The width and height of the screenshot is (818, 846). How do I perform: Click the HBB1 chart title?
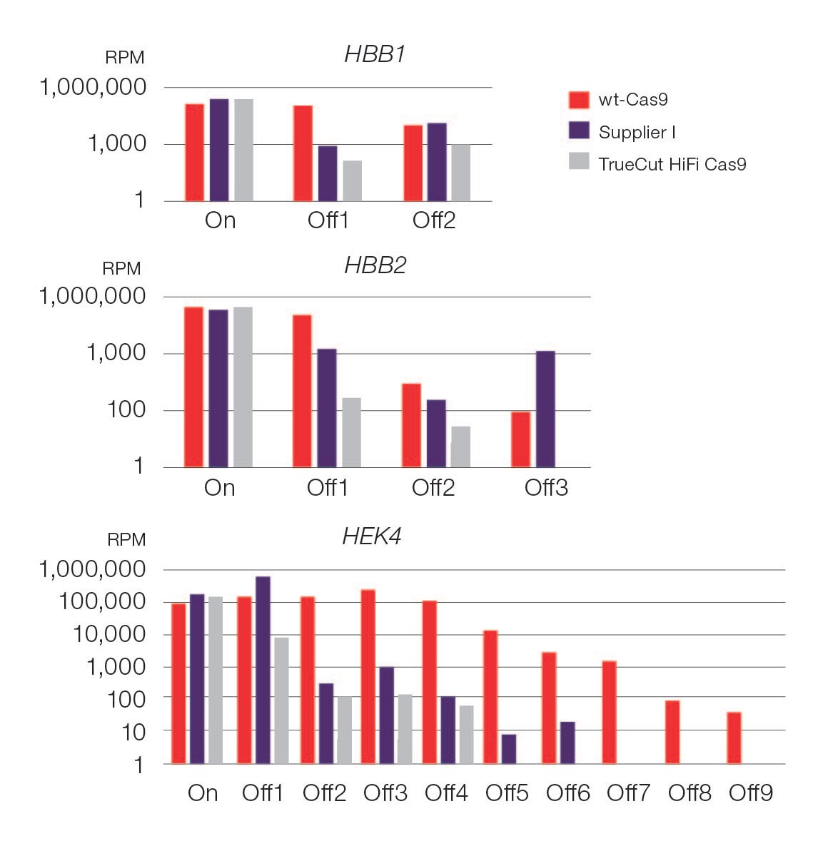[375, 55]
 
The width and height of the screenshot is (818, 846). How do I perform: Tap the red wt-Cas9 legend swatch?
[579, 100]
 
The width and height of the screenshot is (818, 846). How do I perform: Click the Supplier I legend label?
[637, 132]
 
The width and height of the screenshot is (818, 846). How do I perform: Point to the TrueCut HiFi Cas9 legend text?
[672, 164]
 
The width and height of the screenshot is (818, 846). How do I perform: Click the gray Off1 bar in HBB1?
[353, 180]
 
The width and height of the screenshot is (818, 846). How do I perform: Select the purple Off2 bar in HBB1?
[437, 162]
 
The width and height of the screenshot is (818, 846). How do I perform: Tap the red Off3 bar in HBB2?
[520, 439]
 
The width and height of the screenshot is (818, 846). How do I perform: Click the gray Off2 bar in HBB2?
[460, 447]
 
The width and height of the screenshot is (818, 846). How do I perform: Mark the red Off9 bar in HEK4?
[734, 738]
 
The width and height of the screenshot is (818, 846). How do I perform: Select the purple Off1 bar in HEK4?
[263, 670]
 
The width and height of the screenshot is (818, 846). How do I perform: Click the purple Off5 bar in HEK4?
[508, 749]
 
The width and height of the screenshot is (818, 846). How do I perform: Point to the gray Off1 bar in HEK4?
[281, 700]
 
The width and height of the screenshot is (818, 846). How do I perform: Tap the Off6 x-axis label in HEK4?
[567, 793]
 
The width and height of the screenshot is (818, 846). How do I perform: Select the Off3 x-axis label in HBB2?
[546, 488]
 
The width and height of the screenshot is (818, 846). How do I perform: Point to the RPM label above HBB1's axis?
[125, 58]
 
